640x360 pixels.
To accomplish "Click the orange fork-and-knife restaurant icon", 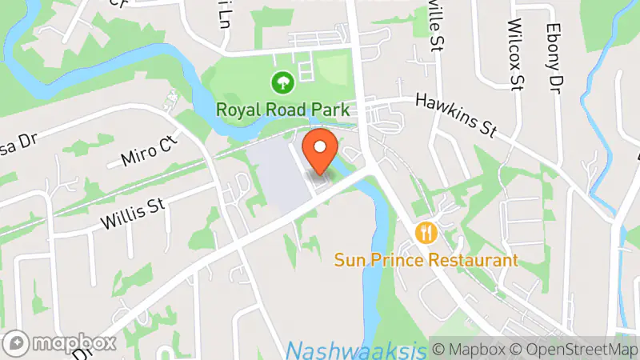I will [x=426, y=233].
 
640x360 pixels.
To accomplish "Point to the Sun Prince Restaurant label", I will [x=426, y=260].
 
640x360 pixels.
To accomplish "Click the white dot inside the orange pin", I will [x=321, y=146].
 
